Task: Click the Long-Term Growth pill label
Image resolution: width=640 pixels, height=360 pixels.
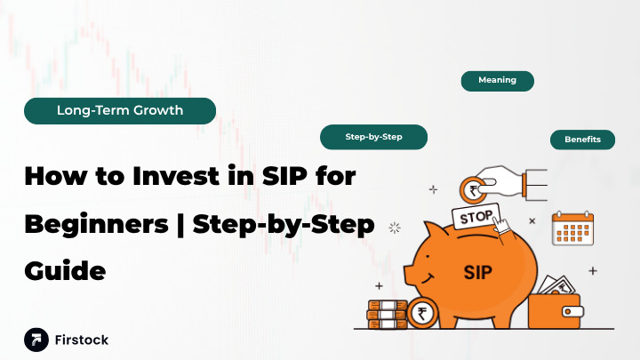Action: pyautogui.click(x=120, y=111)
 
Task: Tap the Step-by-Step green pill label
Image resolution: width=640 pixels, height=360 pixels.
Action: pyautogui.click(x=373, y=137)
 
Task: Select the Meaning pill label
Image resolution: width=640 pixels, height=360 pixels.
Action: pyautogui.click(x=497, y=80)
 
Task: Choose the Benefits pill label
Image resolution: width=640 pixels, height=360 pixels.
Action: pyautogui.click(x=582, y=140)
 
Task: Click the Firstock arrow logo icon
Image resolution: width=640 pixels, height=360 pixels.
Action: pyautogui.click(x=36, y=339)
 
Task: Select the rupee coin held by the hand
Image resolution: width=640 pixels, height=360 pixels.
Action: pyautogui.click(x=470, y=190)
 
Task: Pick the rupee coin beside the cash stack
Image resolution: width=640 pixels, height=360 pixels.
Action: pyautogui.click(x=422, y=313)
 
